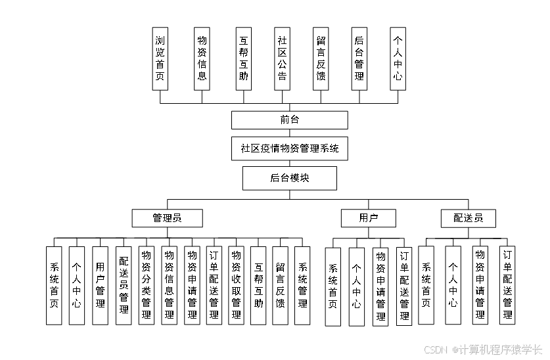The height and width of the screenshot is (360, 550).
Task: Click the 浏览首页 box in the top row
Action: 160,58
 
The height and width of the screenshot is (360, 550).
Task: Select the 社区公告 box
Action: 282,58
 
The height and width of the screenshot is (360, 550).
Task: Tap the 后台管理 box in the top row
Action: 359,58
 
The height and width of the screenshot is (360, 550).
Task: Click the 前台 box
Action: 289,120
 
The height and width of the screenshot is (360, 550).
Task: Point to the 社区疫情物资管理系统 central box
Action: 289,148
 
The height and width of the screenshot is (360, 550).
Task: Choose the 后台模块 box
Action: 289,177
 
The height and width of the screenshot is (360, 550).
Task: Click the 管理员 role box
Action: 167,218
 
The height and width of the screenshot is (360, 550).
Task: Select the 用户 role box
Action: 368,218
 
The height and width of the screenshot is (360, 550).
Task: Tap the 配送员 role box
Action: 468,218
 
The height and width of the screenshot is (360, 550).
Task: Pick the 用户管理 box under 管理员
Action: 100,285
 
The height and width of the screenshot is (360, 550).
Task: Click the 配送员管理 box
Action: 123,285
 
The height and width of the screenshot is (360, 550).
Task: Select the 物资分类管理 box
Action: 146,285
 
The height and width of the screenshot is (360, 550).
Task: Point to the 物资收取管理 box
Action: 236,285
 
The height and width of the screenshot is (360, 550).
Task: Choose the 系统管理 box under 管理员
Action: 302,285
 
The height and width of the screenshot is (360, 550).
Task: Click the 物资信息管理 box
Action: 169,285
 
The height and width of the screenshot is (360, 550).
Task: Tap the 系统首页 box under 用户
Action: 333,286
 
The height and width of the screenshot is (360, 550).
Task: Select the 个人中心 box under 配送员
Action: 453,285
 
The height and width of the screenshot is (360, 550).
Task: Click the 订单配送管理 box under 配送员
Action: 507,285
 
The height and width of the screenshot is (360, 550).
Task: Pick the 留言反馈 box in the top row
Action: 321,58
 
